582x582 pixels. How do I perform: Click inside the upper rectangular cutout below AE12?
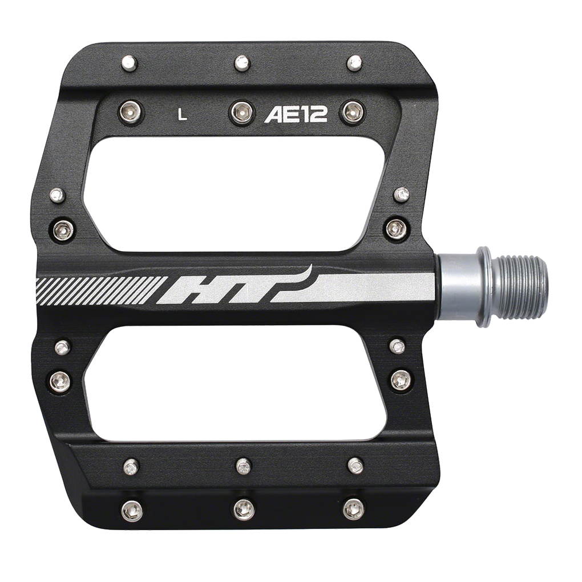coord(234,194)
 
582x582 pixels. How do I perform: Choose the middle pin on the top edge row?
coord(242,63)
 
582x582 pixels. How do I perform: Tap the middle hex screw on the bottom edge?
coord(244,509)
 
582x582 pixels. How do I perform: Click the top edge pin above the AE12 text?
coord(354,63)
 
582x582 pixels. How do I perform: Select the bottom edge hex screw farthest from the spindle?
coord(132,510)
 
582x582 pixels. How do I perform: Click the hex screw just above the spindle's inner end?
coord(397,229)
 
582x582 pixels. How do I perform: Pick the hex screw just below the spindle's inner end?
coord(400,380)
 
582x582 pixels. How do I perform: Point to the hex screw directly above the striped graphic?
coord(63,229)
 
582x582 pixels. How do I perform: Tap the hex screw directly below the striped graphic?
coord(60,381)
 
